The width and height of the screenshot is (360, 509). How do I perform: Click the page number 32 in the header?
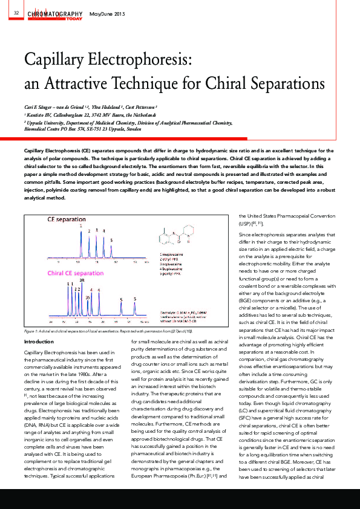pos(16,13)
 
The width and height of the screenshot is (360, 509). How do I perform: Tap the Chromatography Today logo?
pos(55,13)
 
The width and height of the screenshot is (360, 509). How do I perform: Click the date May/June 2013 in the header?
pos(107,13)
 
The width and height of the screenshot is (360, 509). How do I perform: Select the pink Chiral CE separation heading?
pos(74,273)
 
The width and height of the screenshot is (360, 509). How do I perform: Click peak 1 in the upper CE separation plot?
pos(80,226)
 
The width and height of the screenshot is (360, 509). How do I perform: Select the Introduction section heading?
pos(39,342)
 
